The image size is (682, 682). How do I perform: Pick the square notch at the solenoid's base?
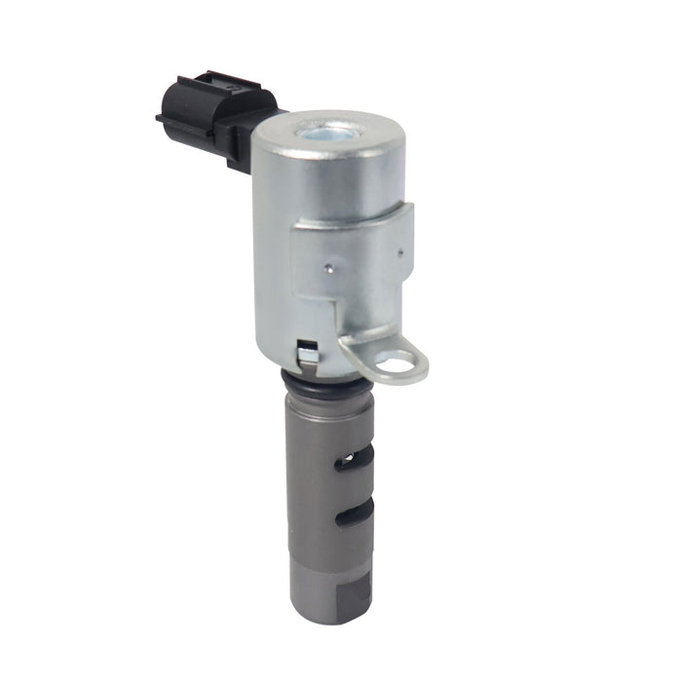click(x=307, y=350)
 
